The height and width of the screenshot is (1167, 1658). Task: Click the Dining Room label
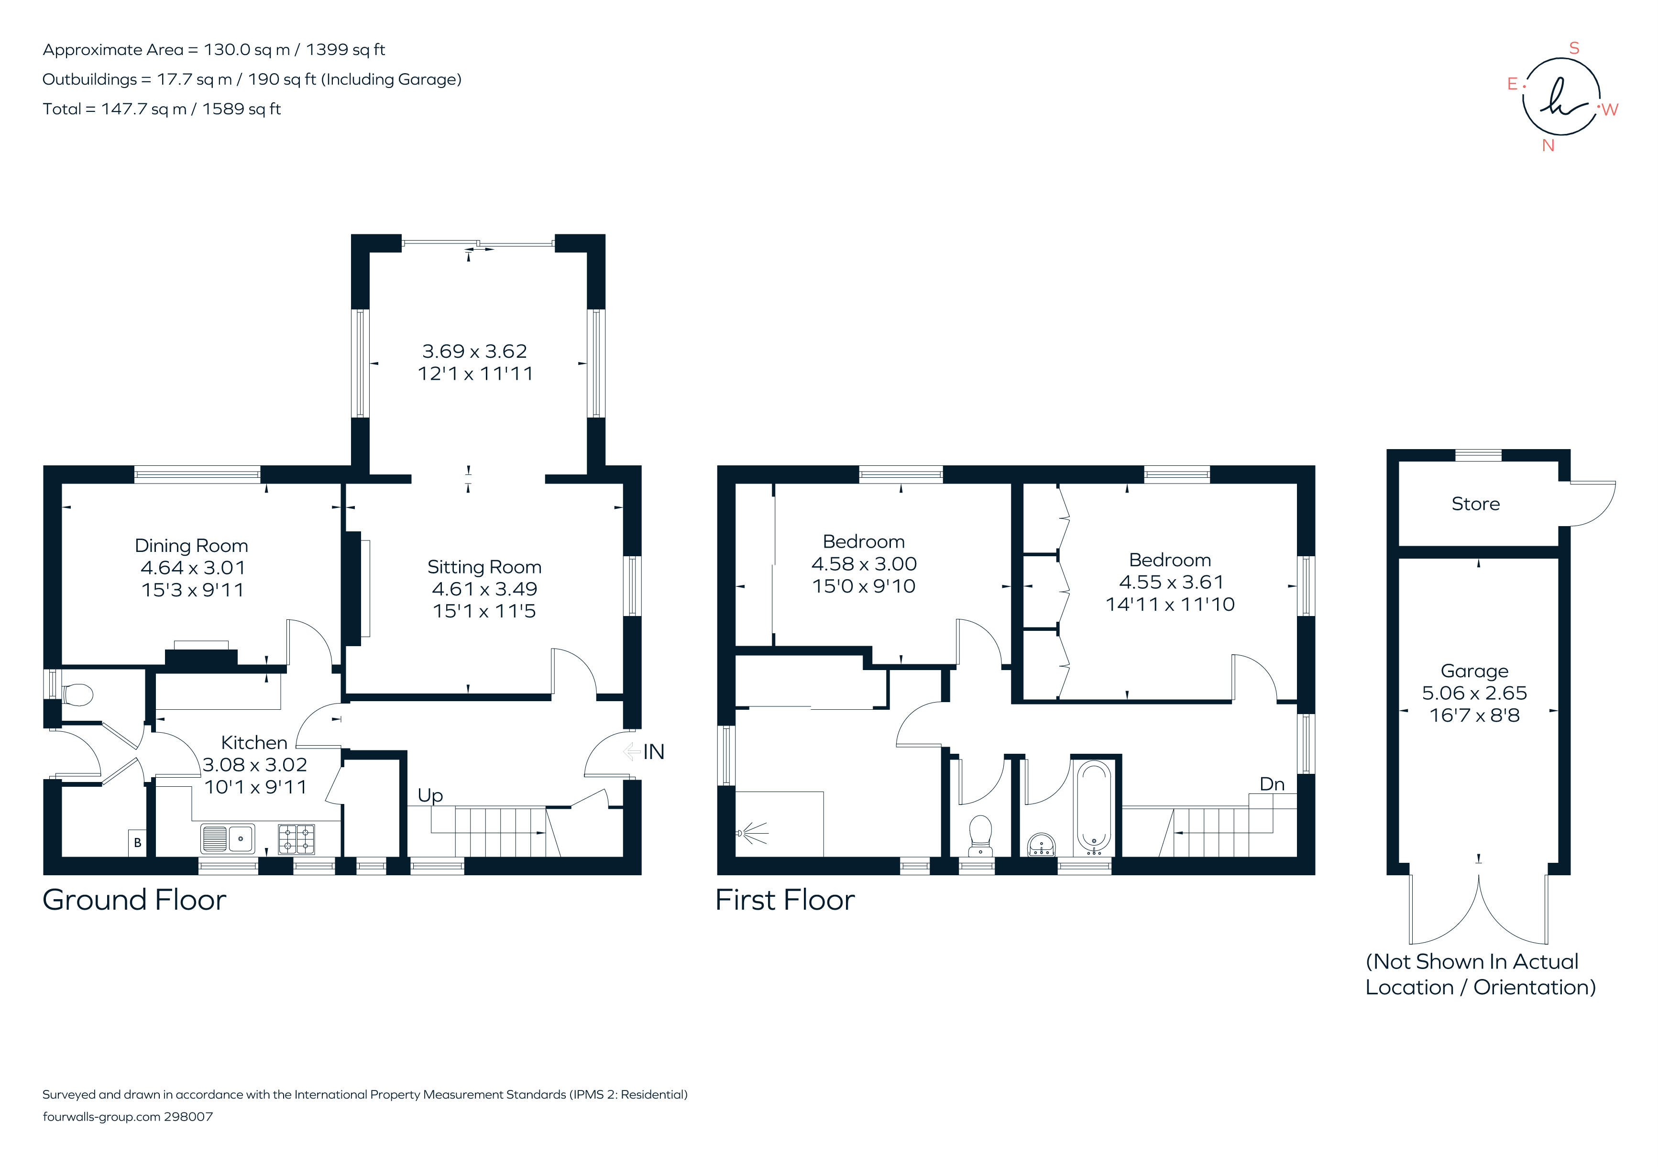[191, 546]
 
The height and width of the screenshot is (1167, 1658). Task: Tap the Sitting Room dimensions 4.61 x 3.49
[484, 589]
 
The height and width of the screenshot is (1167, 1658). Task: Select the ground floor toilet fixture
[77, 695]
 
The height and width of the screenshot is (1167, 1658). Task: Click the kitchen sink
[228, 838]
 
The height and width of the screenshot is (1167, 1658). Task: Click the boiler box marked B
[137, 843]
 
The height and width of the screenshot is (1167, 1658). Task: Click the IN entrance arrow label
[653, 752]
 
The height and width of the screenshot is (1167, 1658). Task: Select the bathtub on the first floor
[1094, 807]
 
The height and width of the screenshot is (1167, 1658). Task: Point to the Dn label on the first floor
[1272, 784]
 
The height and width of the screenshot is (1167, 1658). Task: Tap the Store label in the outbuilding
[1475, 504]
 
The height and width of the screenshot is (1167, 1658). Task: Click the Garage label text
[1474, 671]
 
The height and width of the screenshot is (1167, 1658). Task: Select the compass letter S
[1574, 48]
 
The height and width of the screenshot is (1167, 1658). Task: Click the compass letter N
[1548, 145]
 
